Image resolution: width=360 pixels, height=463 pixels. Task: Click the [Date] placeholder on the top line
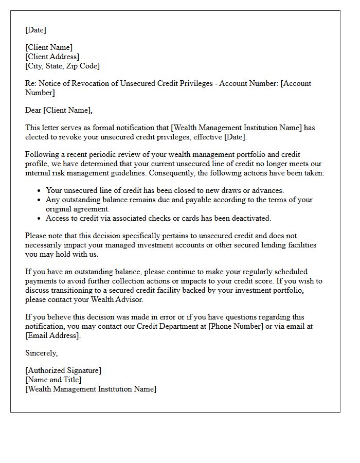(35, 30)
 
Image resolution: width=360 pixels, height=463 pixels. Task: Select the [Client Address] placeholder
(52, 57)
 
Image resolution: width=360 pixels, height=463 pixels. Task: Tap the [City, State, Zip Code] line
(62, 66)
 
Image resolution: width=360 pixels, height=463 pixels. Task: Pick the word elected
(38, 137)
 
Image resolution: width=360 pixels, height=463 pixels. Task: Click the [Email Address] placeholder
(52, 335)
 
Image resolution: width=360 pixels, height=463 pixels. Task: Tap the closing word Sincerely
(41, 353)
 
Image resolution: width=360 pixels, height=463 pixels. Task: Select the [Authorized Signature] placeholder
(63, 370)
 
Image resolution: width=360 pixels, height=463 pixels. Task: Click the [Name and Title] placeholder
(53, 380)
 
